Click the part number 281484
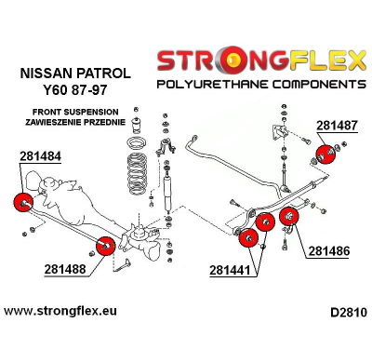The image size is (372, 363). tap(38, 158)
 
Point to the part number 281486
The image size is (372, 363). tap(331, 250)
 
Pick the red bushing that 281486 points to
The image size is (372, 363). tap(286, 220)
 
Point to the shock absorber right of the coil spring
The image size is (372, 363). tap(170, 191)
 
